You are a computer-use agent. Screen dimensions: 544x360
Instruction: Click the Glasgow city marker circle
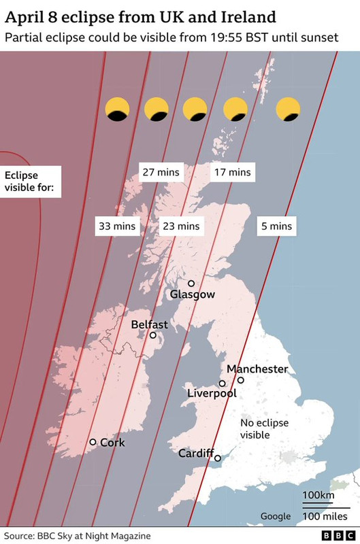(x=191, y=284)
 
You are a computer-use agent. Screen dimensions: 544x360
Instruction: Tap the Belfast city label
(x=149, y=324)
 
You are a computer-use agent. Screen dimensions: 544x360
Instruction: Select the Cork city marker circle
(x=93, y=442)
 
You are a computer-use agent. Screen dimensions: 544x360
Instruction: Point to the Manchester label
(x=257, y=369)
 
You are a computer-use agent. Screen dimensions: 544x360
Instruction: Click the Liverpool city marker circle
(x=222, y=384)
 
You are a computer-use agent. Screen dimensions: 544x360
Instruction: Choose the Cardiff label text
(x=195, y=454)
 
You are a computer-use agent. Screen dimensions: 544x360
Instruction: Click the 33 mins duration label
(x=117, y=226)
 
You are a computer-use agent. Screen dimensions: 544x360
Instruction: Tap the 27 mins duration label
(x=159, y=172)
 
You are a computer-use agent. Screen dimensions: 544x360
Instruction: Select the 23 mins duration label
(x=181, y=226)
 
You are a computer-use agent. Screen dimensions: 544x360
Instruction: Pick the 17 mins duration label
(x=231, y=172)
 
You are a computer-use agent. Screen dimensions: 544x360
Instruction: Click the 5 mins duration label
(x=276, y=226)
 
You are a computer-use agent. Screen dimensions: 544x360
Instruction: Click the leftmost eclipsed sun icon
(x=117, y=109)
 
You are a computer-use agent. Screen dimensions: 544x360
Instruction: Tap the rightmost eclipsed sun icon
(x=288, y=109)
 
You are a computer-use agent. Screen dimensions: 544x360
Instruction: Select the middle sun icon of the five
(x=195, y=109)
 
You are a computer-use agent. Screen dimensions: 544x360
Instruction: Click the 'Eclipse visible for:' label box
(x=31, y=182)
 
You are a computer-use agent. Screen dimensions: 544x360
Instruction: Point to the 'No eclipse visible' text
(x=265, y=429)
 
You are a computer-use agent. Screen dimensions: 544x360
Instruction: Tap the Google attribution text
(x=276, y=516)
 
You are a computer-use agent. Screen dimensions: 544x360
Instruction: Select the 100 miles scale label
(x=325, y=517)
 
